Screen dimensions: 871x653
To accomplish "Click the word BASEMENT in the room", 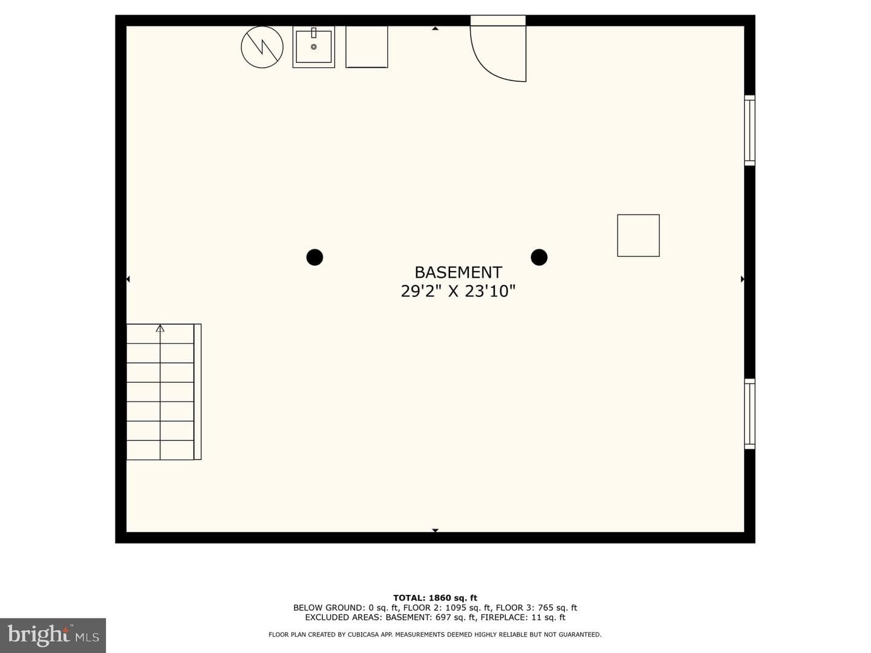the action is click(458, 272).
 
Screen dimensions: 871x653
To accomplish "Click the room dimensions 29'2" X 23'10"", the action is click(458, 291).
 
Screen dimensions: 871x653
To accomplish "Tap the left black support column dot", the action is click(315, 258).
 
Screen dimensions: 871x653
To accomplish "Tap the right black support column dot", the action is click(539, 258).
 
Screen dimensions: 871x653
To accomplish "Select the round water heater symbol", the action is click(262, 47).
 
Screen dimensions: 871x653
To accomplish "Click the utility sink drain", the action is click(313, 47).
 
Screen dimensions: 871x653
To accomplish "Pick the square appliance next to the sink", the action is click(367, 47).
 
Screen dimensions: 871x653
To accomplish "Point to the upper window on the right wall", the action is click(749, 131).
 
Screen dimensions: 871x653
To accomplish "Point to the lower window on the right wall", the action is click(749, 414).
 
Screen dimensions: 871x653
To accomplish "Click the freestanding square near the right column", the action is click(638, 236).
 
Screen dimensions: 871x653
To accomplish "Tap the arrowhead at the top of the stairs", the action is click(160, 328).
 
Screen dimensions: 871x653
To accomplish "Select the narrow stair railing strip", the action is click(197, 392).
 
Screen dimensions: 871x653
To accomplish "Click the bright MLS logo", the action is click(53, 635).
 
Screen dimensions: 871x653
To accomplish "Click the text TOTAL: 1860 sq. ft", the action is click(435, 598).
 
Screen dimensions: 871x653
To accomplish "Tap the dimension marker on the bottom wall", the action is click(435, 530).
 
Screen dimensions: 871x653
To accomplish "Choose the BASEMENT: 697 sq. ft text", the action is click(431, 617).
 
